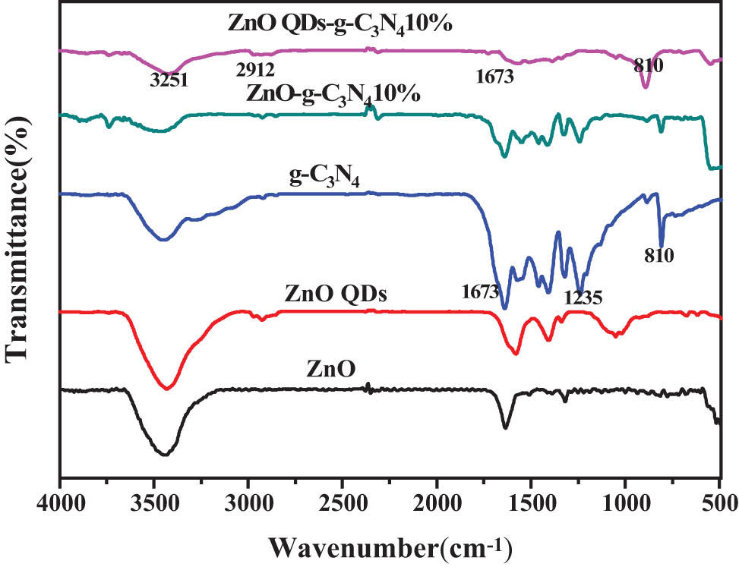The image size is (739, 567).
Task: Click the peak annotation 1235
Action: [583, 298]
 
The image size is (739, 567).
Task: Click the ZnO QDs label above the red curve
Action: [336, 294]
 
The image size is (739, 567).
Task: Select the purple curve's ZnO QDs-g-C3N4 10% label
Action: [340, 24]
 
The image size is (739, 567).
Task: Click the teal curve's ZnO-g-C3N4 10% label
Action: [333, 96]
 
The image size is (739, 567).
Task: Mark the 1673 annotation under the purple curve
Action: [496, 77]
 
